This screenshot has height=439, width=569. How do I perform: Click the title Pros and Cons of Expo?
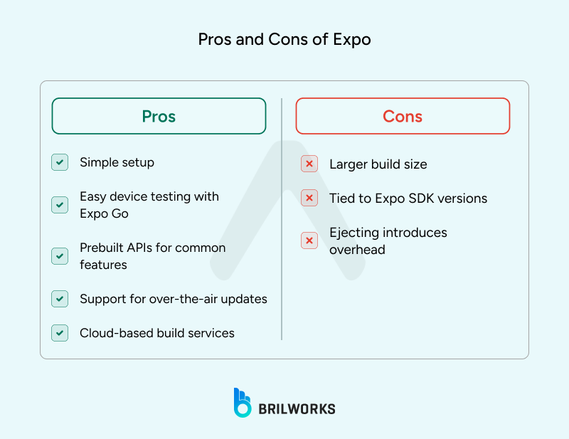(x=284, y=39)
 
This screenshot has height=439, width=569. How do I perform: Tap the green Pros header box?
(x=159, y=116)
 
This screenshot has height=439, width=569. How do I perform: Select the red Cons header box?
(x=403, y=116)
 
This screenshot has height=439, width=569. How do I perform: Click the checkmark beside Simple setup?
(x=60, y=162)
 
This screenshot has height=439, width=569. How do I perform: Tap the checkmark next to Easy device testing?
(x=60, y=205)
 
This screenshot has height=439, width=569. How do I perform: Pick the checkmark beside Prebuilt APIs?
(x=60, y=256)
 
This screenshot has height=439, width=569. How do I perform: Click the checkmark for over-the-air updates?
(x=60, y=299)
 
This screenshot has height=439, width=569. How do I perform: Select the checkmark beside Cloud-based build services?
(x=60, y=333)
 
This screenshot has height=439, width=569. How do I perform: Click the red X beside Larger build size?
(x=309, y=164)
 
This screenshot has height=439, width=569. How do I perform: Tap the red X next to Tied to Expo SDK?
(x=309, y=199)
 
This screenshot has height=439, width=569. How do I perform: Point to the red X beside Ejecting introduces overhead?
(x=309, y=241)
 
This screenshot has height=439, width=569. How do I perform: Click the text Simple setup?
(x=117, y=162)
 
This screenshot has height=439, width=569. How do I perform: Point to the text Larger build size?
(x=378, y=164)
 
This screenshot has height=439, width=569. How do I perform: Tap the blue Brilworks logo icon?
(x=242, y=403)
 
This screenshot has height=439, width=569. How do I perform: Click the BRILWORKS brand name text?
(x=297, y=408)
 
